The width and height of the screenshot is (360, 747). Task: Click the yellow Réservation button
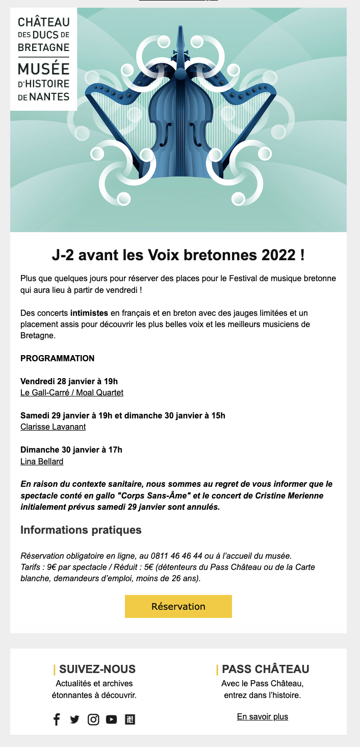click(178, 606)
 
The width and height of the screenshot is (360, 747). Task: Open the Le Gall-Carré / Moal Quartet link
click(72, 392)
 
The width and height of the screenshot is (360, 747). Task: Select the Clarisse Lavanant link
click(53, 427)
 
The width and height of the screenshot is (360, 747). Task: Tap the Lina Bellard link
click(42, 462)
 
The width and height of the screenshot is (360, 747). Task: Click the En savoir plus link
click(262, 716)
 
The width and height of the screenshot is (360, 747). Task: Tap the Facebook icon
click(57, 719)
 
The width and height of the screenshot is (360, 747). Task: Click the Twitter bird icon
click(74, 719)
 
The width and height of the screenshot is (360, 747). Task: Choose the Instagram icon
click(93, 719)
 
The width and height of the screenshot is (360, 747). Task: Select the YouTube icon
click(111, 719)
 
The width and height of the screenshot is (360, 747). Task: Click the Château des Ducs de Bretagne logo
click(43, 59)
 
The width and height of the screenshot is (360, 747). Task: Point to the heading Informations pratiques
click(81, 530)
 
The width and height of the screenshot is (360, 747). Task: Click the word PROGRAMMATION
click(57, 358)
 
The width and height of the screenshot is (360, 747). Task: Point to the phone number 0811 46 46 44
click(175, 556)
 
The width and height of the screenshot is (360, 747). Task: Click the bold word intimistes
click(89, 312)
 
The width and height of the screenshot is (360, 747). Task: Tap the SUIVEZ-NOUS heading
click(97, 669)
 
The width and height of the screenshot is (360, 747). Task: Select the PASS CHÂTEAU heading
click(266, 669)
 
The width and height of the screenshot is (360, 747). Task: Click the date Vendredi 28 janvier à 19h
click(69, 381)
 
